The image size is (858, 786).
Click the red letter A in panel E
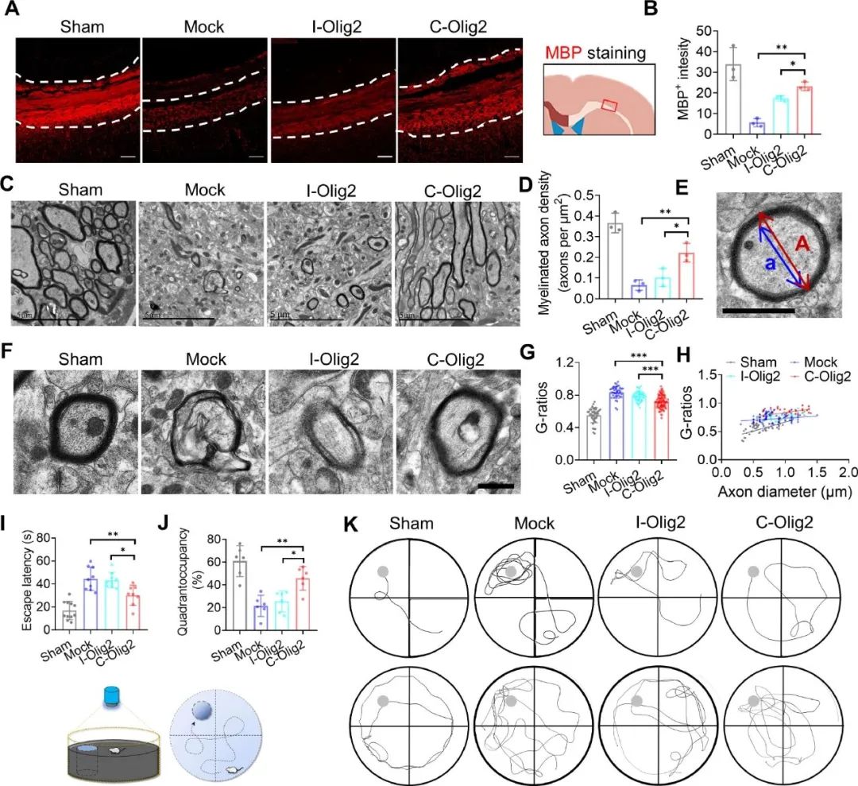coord(803,248)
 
